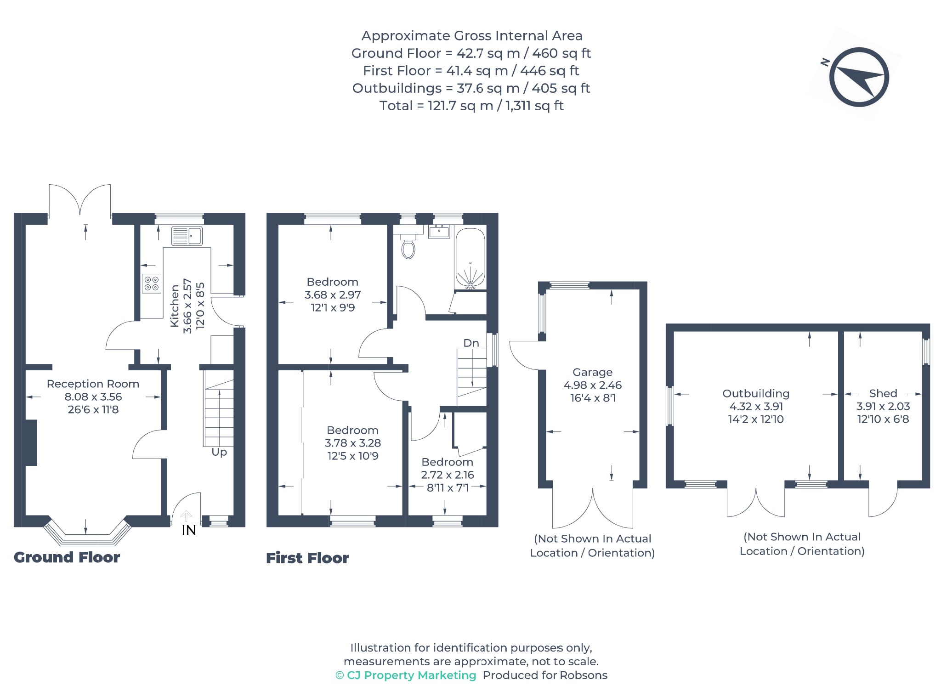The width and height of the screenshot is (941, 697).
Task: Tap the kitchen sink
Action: (x=187, y=236)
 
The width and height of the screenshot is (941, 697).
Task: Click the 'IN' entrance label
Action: (x=189, y=530)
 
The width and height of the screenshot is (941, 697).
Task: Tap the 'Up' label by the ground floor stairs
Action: (x=219, y=452)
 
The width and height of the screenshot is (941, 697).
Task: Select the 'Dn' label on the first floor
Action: (x=471, y=343)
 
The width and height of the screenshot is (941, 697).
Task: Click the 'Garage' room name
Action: (x=592, y=372)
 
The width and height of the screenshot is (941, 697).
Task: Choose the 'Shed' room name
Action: (x=883, y=393)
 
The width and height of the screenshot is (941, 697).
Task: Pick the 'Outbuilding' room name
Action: (x=756, y=394)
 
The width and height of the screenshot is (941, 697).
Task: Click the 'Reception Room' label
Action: (x=93, y=384)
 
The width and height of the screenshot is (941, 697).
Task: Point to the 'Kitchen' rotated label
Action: (x=175, y=306)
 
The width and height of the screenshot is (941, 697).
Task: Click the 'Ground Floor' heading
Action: (x=67, y=557)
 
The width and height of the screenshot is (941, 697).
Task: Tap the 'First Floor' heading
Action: (x=307, y=558)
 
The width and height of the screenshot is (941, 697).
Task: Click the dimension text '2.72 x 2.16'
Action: (x=448, y=475)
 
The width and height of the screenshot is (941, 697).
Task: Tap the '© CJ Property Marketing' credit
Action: (x=406, y=675)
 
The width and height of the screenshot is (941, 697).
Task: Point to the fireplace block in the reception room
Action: (x=31, y=442)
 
